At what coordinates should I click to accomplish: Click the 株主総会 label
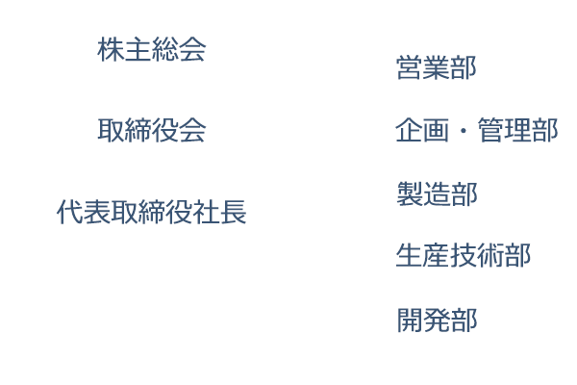pyautogui.click(x=151, y=49)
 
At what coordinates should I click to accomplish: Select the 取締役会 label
pyautogui.click(x=151, y=130)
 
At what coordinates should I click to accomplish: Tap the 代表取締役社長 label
pyautogui.click(x=151, y=212)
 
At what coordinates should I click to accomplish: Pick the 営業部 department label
pyautogui.click(x=436, y=67)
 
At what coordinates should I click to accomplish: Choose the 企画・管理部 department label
pyautogui.click(x=477, y=130)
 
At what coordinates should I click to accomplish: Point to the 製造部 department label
pyautogui.click(x=437, y=193)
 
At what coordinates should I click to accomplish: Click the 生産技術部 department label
pyautogui.click(x=464, y=255)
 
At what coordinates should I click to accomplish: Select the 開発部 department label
pyautogui.click(x=438, y=320)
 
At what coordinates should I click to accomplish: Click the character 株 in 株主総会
pyautogui.click(x=111, y=49)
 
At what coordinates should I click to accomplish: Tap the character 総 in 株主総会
pyautogui.click(x=164, y=49)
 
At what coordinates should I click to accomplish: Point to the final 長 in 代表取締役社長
pyautogui.click(x=233, y=212)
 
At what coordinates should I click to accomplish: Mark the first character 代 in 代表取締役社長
pyautogui.click(x=70, y=212)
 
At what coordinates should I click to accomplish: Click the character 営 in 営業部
pyautogui.click(x=410, y=67)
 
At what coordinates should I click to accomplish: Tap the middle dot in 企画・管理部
pyautogui.click(x=464, y=131)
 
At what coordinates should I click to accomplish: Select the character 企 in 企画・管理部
pyautogui.click(x=409, y=130)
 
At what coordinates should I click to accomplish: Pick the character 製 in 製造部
pyautogui.click(x=410, y=193)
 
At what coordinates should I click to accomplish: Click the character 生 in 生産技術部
pyautogui.click(x=410, y=255)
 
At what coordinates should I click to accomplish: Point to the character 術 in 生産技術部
pyautogui.click(x=490, y=255)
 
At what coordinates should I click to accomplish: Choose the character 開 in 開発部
pyautogui.click(x=411, y=320)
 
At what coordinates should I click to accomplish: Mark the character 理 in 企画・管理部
pyautogui.click(x=517, y=130)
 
